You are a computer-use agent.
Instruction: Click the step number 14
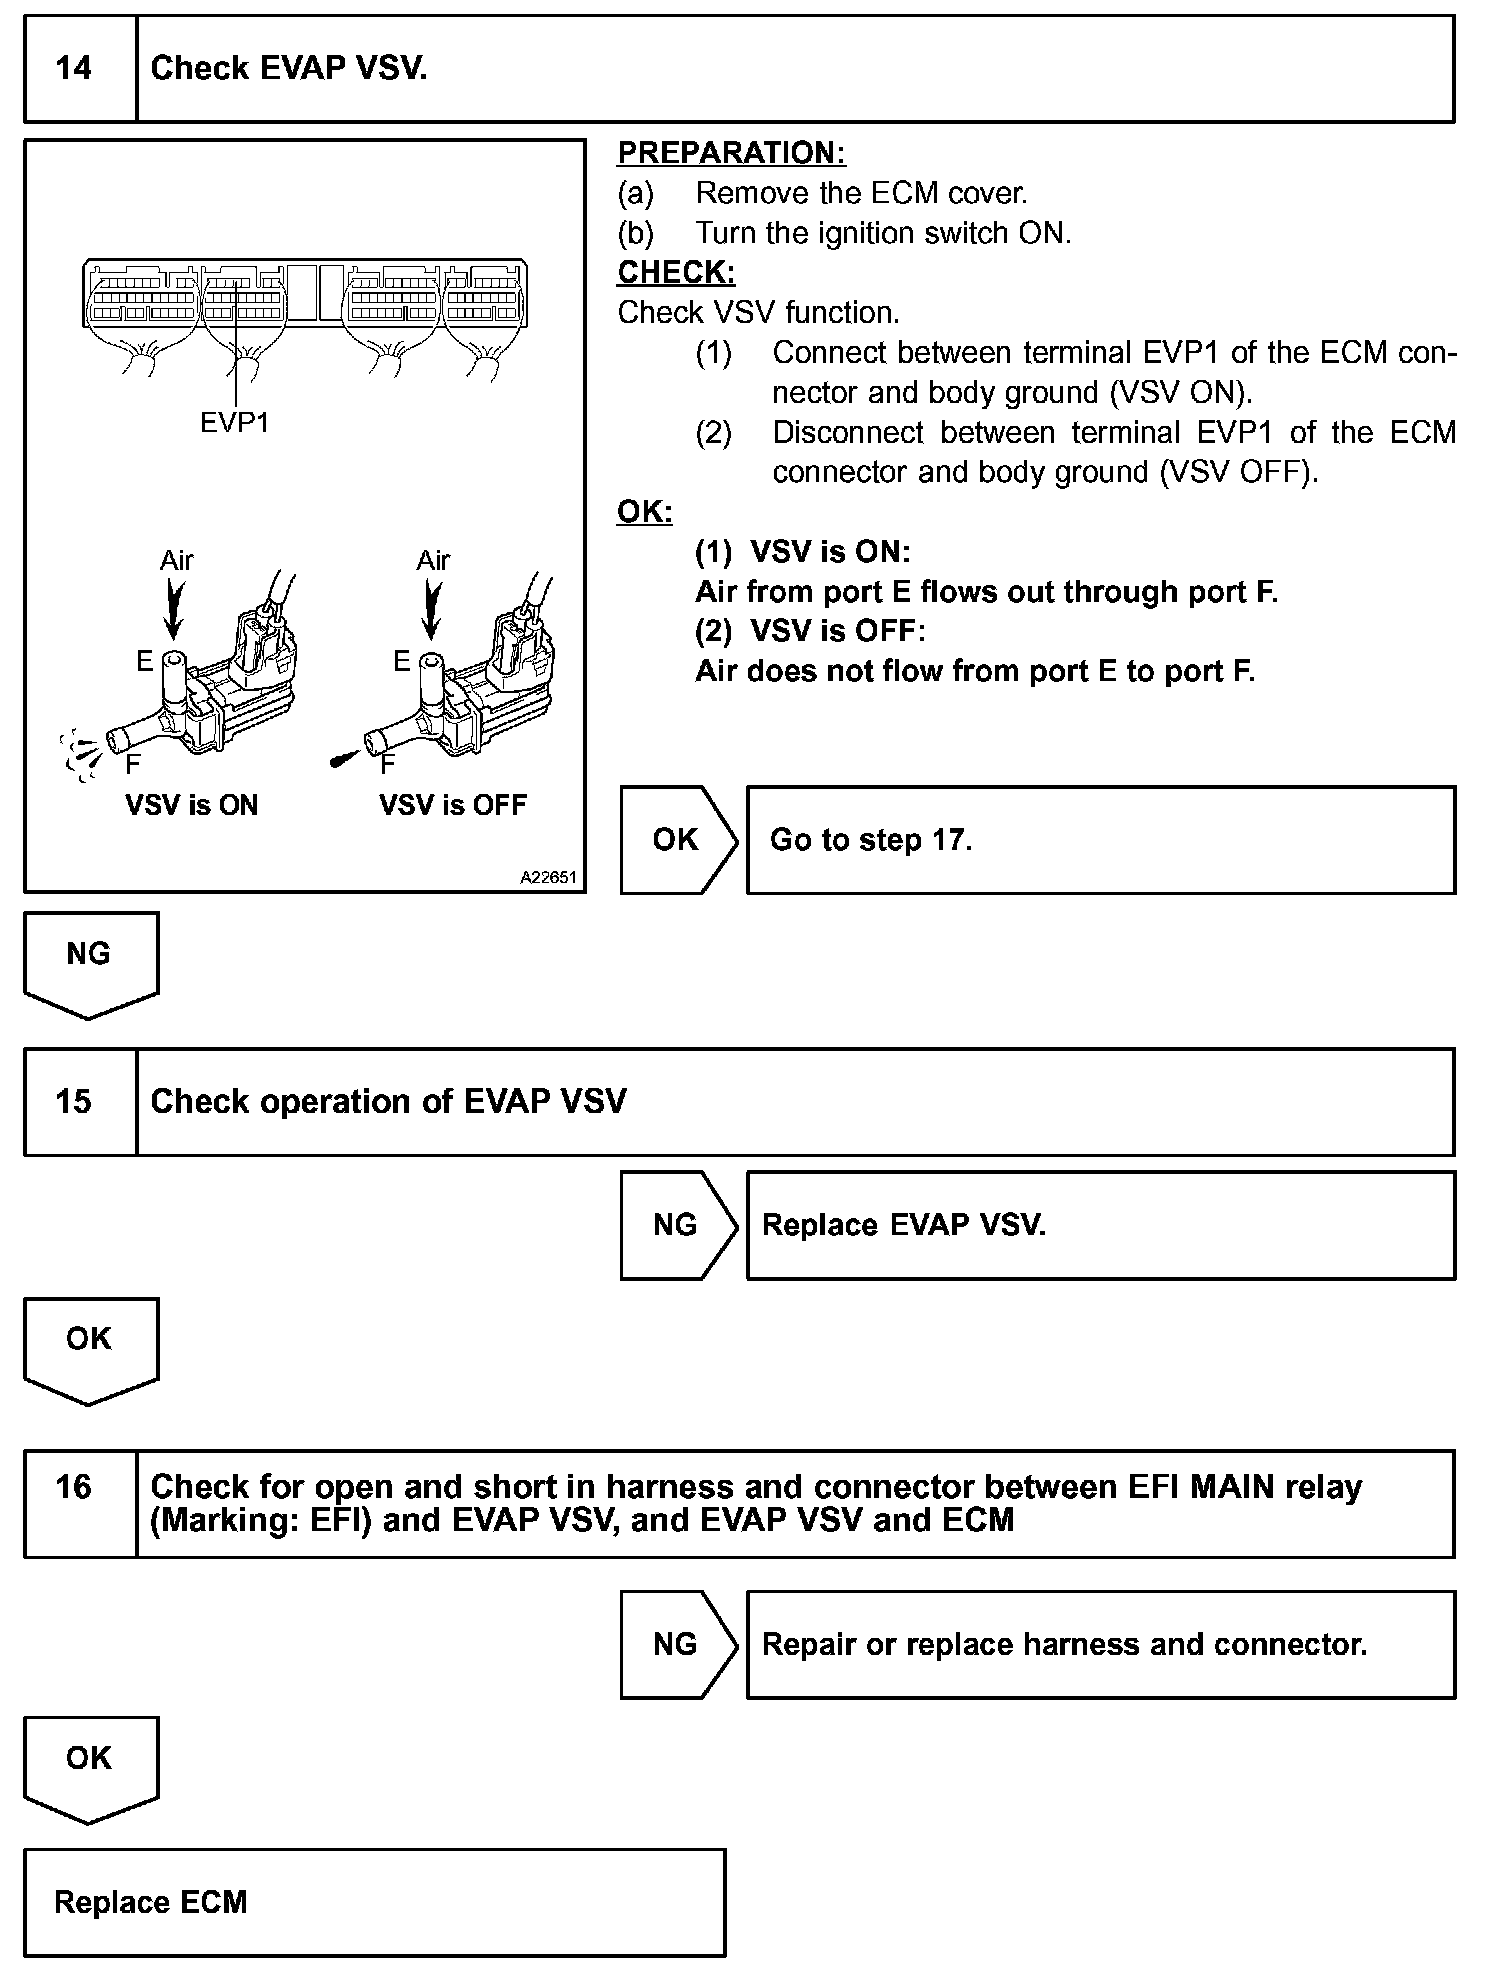pyautogui.click(x=74, y=68)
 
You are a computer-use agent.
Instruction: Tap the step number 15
pyautogui.click(x=74, y=1102)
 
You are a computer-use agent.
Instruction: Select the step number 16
pyautogui.click(x=74, y=1487)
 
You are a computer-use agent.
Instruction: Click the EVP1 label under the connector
pyautogui.click(x=234, y=423)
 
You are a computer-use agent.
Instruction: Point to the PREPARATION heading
pyautogui.click(x=731, y=153)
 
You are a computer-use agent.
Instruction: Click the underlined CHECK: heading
pyautogui.click(x=676, y=272)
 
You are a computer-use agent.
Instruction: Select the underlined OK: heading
pyautogui.click(x=644, y=512)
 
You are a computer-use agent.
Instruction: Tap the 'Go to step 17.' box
pyautogui.click(x=1100, y=840)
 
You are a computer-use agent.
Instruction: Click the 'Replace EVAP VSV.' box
pyautogui.click(x=1100, y=1225)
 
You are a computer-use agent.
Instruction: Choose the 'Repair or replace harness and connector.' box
pyautogui.click(x=1100, y=1645)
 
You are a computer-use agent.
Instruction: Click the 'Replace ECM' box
pyautogui.click(x=374, y=1902)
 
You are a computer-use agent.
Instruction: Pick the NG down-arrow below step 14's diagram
pyautogui.click(x=90, y=960)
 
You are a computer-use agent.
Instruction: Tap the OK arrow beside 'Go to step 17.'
pyautogui.click(x=677, y=840)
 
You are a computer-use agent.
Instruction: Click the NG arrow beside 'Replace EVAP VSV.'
pyautogui.click(x=677, y=1225)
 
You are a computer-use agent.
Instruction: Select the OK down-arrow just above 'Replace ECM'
pyautogui.click(x=90, y=1765)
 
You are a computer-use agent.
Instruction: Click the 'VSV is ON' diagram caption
pyautogui.click(x=191, y=806)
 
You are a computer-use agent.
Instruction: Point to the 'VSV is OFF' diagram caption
pyautogui.click(x=452, y=806)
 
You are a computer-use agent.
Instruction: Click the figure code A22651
pyautogui.click(x=548, y=878)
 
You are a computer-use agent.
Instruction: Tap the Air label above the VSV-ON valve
pyautogui.click(x=176, y=560)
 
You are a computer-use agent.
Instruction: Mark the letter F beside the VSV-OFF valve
pyautogui.click(x=388, y=765)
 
